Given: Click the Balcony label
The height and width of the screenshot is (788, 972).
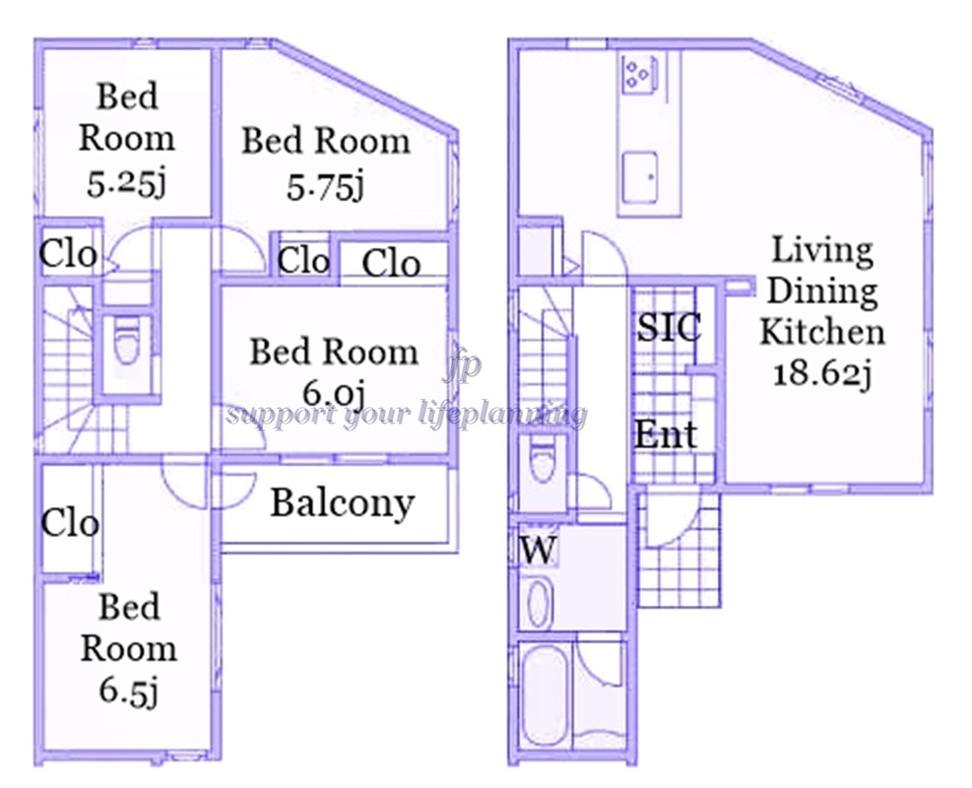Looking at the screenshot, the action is coord(342,503).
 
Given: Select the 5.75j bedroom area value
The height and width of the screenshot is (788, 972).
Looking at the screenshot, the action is coord(325,185).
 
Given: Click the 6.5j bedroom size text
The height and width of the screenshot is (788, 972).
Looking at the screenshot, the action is coord(128,691).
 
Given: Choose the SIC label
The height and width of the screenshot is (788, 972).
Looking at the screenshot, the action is coord(669,327).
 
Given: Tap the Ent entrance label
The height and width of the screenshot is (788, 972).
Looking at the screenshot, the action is coord(666,434).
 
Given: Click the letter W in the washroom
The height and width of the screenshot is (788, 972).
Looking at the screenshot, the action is coord(538,550).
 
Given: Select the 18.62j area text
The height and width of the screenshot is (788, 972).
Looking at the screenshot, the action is coord(822,374).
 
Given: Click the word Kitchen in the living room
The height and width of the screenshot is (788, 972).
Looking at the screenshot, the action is coord(822,332).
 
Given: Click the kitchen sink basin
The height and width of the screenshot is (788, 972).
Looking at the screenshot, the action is coord(640,177).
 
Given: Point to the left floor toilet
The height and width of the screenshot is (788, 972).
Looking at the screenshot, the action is coord(126,342).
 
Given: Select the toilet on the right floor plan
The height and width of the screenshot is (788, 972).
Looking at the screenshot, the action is coord(543,460).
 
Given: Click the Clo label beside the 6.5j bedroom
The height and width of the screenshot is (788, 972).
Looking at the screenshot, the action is coord(70,523).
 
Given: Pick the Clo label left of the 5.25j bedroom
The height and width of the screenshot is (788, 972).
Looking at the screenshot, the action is coord(68,253).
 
